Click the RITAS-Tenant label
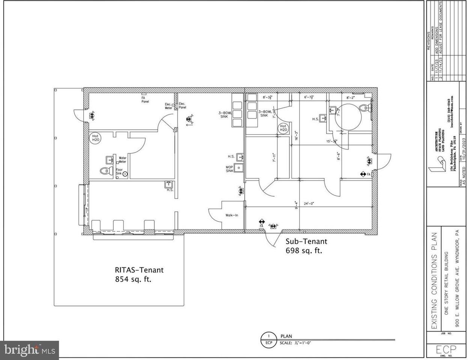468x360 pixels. (139, 270)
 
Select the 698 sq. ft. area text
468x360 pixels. (304, 251)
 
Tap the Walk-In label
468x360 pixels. (231, 215)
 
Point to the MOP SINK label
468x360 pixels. (229, 169)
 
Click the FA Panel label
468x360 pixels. (143, 99)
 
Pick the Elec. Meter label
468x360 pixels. (169, 106)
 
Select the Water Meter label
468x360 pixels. (122, 160)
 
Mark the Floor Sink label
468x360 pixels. (119, 172)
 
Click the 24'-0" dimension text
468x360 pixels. (309, 204)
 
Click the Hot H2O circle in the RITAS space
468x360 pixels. (95, 138)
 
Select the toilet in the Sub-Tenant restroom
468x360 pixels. (364, 108)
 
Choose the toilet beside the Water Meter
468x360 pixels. (105, 171)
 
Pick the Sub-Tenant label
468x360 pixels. (306, 241)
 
